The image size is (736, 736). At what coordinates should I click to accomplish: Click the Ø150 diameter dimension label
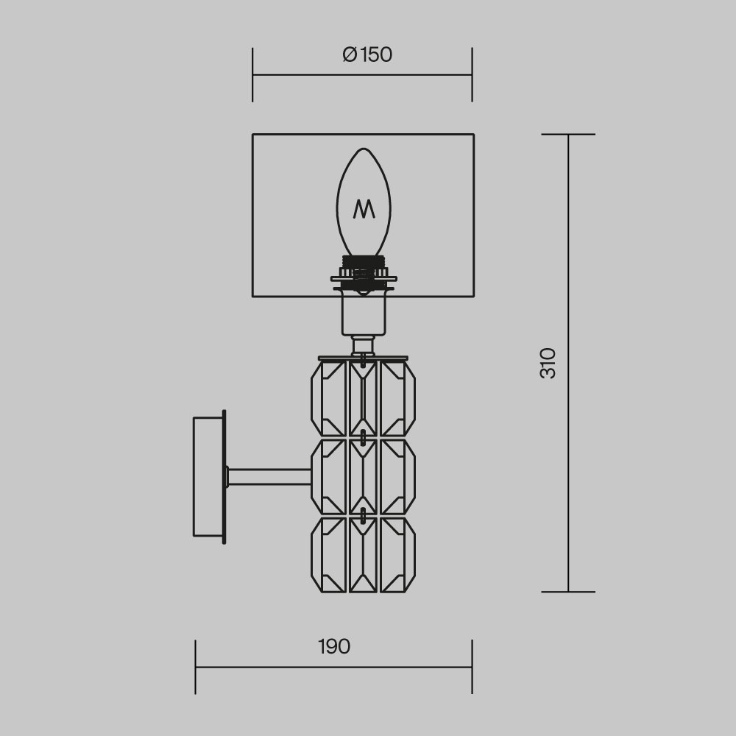[367, 55]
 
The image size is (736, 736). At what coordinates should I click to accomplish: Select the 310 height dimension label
[548, 363]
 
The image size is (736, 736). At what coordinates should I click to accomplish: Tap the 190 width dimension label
[334, 647]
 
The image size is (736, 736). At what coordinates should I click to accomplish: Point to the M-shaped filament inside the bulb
[364, 209]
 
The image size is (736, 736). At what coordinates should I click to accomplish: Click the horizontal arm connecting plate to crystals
[269, 477]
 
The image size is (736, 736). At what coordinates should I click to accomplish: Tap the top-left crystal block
[328, 398]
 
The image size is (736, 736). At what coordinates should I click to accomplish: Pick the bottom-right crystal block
[397, 555]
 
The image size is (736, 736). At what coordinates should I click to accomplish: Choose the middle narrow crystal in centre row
[363, 477]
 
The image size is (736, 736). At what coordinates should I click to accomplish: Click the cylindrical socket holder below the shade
[364, 313]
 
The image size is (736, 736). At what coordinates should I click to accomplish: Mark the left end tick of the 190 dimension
[196, 666]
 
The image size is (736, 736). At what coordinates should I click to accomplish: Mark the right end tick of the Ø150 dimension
[472, 74]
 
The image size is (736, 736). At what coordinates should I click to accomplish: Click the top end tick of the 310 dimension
[568, 135]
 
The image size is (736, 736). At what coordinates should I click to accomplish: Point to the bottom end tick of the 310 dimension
[568, 592]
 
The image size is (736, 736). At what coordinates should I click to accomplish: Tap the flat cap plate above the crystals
[363, 358]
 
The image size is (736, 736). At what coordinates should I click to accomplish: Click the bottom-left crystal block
[328, 555]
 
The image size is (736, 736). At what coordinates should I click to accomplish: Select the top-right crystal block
[397, 398]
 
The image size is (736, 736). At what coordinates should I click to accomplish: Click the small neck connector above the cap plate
[363, 344]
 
